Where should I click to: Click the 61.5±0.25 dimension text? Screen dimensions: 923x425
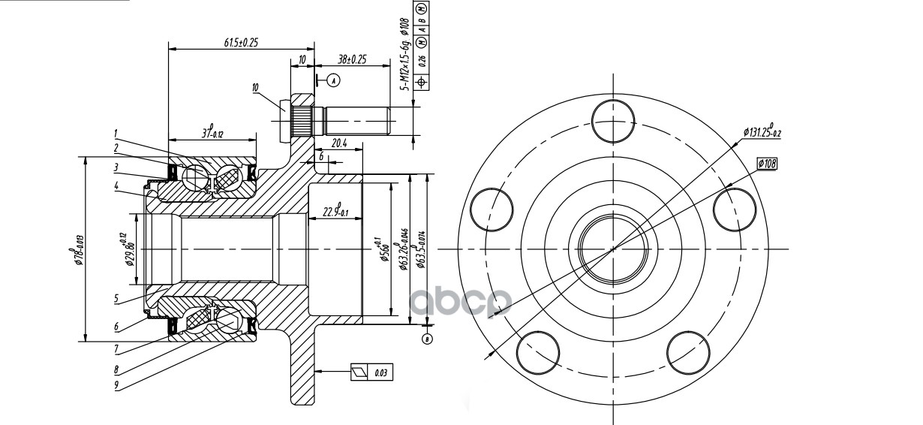coord(240,42)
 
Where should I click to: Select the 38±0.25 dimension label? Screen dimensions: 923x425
coord(351,59)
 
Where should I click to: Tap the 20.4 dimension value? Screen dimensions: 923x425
coord(338,143)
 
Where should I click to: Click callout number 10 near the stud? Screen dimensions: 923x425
coord(255,88)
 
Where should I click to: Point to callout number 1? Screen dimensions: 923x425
coord(116,133)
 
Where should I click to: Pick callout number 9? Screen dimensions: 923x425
coord(116,386)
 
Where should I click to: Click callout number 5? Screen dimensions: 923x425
coord(116,298)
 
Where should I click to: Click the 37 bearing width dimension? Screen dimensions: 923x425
coord(212,133)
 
